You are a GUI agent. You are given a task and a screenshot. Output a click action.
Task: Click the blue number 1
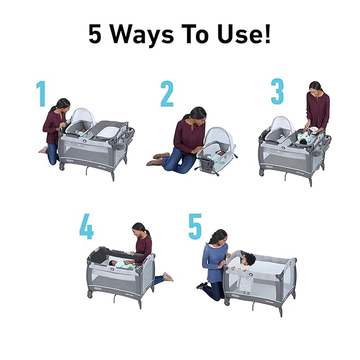point(41,94)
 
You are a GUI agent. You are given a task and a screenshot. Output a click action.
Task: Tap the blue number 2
point(167,94)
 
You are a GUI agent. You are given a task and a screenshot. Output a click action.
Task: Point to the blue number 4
point(86,227)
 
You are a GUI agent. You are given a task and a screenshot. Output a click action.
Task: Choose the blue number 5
point(195,227)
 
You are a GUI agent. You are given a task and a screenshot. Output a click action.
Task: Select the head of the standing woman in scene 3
point(315,87)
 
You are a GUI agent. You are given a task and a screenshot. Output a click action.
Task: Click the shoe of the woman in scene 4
point(168,277)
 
